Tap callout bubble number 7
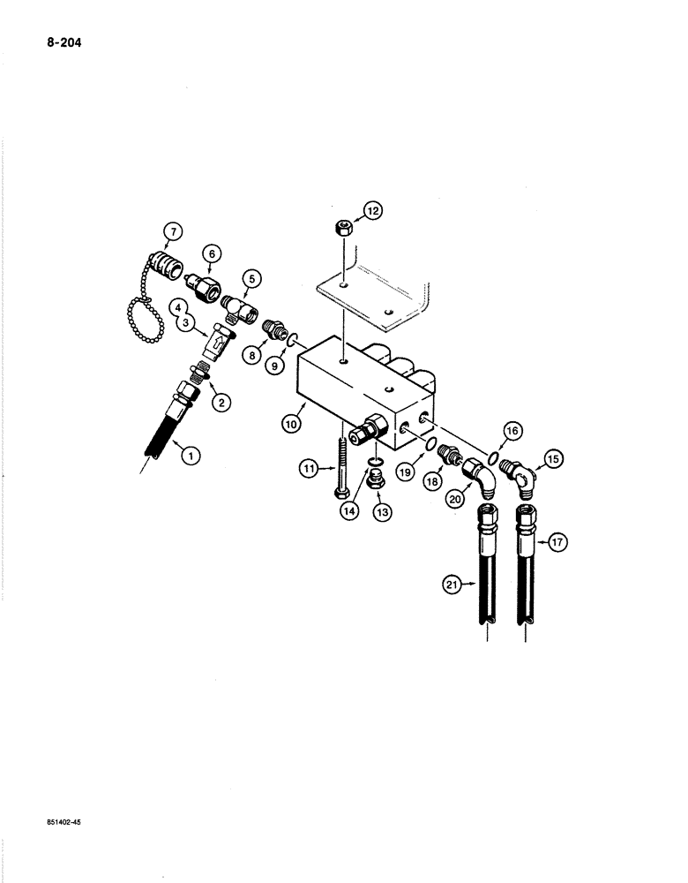pyautogui.click(x=171, y=233)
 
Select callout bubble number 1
pyautogui.click(x=187, y=456)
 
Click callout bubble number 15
pyautogui.click(x=553, y=460)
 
